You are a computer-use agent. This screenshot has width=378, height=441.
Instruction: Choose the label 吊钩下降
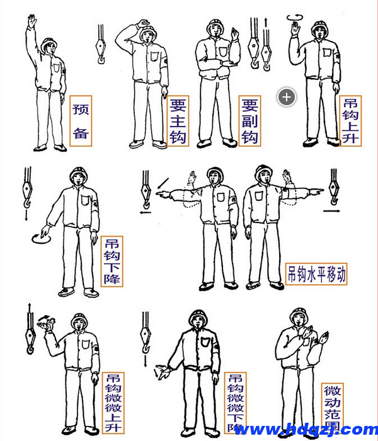pos(113,261)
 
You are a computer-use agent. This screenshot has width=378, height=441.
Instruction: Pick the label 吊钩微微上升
pos(113,403)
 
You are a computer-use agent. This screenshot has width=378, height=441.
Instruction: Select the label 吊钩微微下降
pos(236,403)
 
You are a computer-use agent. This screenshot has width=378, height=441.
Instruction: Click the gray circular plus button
pos(287,97)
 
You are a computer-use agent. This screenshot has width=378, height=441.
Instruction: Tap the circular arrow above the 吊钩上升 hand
pos(294,18)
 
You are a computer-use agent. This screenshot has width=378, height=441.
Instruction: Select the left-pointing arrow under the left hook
pos(146,212)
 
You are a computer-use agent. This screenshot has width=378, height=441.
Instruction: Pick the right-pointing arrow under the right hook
pos(332,204)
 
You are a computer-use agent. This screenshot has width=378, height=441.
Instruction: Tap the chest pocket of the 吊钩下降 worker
pos(86,201)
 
